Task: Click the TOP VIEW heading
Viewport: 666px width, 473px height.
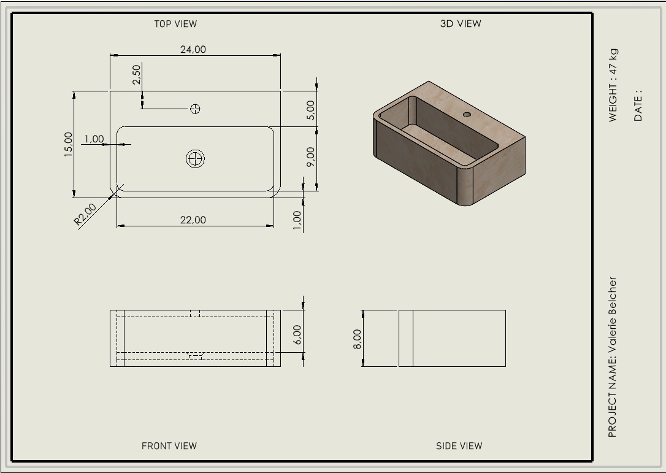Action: click(x=175, y=24)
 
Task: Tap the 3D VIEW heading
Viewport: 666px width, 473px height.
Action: click(x=461, y=24)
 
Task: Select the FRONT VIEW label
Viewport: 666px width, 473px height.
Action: click(x=169, y=446)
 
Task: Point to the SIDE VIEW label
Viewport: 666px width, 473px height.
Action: click(x=459, y=446)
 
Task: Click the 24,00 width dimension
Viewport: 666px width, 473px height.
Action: click(x=193, y=49)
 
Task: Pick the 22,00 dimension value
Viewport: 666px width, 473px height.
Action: click(x=193, y=220)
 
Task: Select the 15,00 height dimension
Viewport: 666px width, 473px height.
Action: click(x=69, y=145)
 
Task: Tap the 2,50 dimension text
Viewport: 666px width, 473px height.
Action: click(x=136, y=74)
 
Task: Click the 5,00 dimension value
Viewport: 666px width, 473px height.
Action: click(x=310, y=110)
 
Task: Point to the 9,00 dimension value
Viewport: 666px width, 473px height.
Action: click(x=310, y=156)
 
